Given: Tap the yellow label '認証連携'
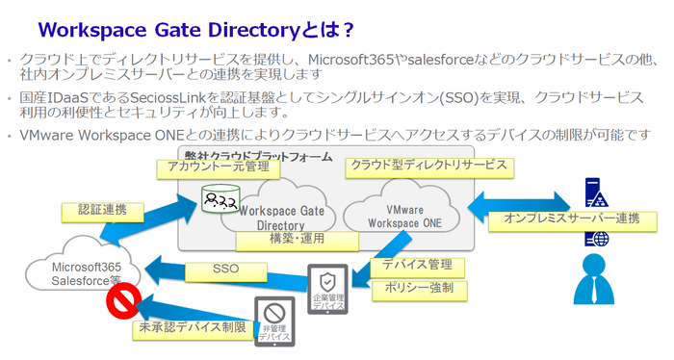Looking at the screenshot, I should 94,211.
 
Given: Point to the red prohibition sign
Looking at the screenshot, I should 122,307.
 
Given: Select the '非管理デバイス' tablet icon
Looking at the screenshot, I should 272,321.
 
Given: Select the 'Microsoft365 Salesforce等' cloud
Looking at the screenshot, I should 87,270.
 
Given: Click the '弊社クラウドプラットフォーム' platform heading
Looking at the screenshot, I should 256,155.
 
